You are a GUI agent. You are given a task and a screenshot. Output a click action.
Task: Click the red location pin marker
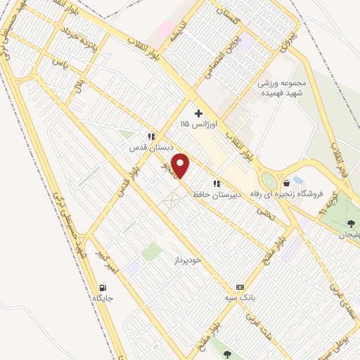point(181,166)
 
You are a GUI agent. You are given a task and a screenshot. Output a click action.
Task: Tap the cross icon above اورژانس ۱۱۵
point(198,113)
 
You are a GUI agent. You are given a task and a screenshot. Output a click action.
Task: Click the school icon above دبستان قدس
point(150,137)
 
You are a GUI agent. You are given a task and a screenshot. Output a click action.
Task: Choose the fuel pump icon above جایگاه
point(104,287)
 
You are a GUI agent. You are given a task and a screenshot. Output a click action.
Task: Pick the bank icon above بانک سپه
point(240,287)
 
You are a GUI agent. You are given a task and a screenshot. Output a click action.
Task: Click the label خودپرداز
point(188,260)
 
